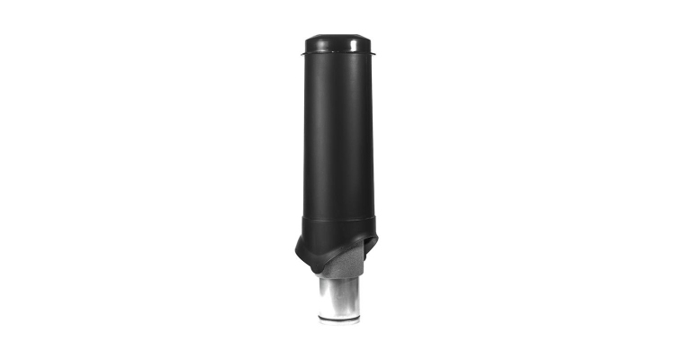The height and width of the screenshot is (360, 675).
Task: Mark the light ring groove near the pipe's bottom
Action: [x=338, y=315]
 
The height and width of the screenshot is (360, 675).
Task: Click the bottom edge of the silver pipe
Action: [x=338, y=323]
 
